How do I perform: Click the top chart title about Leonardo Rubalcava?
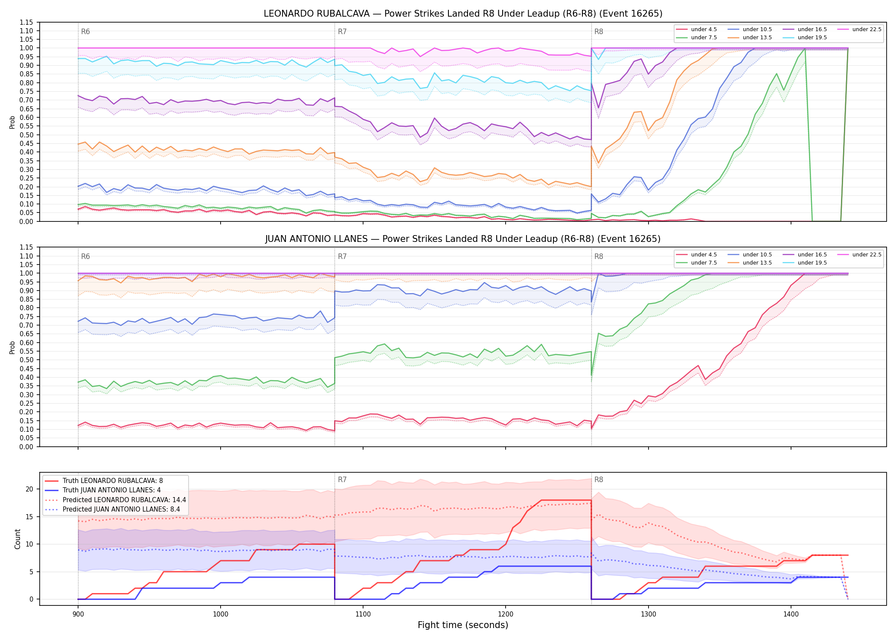[463, 14]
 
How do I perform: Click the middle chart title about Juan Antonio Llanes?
[463, 239]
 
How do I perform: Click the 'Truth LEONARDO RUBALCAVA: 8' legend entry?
[113, 481]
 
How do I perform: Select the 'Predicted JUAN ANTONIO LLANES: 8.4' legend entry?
[121, 509]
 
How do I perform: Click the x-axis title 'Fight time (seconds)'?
[463, 625]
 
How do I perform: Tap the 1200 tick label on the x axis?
[506, 614]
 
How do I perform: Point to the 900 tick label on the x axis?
[78, 614]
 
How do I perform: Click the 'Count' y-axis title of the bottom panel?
[17, 539]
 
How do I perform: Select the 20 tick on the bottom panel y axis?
[29, 489]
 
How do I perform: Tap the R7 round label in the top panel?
[342, 32]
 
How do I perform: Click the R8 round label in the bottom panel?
[599, 480]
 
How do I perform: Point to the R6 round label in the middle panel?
[85, 256]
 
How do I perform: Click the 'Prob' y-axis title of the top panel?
[12, 122]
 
